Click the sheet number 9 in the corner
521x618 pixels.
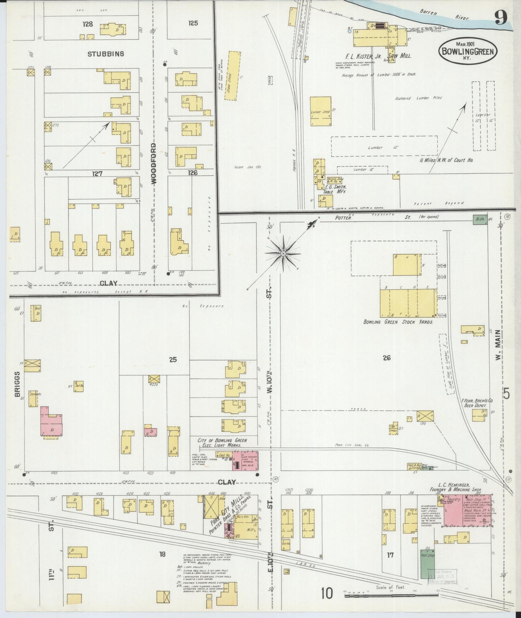[x=501, y=17]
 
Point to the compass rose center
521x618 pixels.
[x=283, y=253]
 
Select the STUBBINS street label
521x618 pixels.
[x=106, y=54]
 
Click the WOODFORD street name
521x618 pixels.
[x=154, y=164]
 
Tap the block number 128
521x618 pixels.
[x=88, y=24]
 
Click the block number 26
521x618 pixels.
[x=387, y=358]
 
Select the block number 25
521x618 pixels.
[x=173, y=359]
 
